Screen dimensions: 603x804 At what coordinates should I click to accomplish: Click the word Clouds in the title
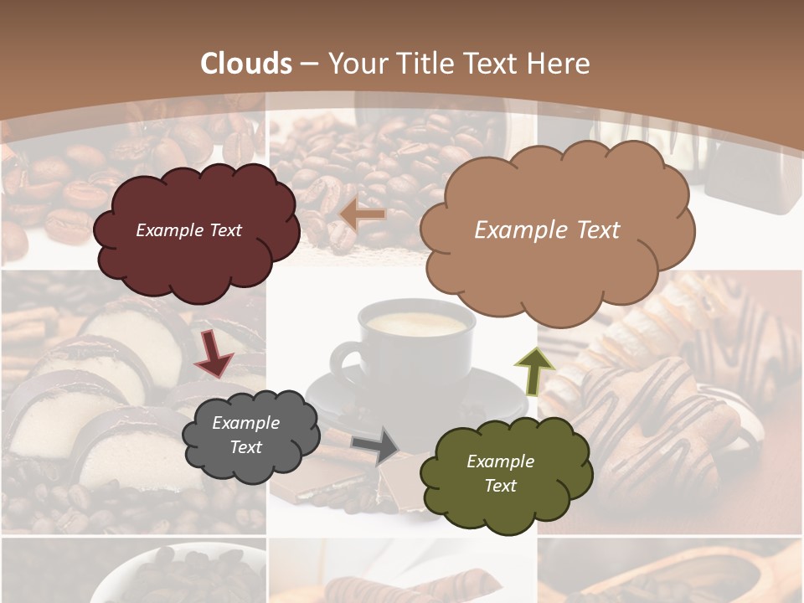point(246,64)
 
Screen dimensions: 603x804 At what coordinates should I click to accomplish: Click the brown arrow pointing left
point(363,214)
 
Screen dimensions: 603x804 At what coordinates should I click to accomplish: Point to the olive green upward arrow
point(534,372)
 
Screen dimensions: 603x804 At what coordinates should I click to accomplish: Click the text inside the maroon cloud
point(188,230)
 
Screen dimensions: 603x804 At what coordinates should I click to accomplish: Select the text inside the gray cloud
point(246,435)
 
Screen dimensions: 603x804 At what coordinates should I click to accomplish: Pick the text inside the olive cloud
point(500,473)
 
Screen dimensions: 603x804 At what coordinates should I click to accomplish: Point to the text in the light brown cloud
point(547,230)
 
